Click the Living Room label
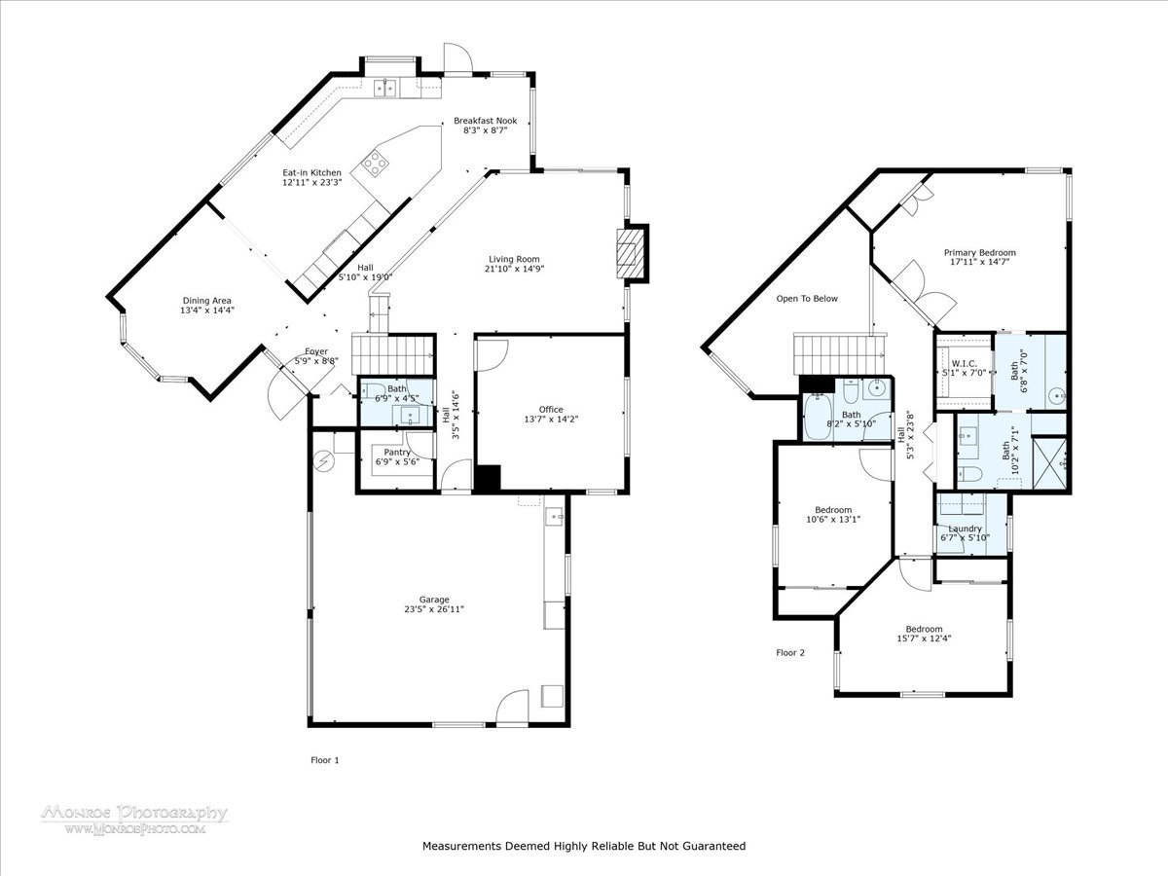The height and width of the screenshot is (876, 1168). tap(514, 259)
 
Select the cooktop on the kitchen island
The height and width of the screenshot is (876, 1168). tap(375, 163)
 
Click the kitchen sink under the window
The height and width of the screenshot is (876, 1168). tap(385, 89)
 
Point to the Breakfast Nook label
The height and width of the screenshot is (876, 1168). tap(486, 121)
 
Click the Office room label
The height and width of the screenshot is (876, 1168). tap(551, 409)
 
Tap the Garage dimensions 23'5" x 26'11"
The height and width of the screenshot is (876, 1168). tap(434, 609)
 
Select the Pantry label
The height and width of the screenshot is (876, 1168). tap(397, 452)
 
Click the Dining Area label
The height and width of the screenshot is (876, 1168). tap(207, 301)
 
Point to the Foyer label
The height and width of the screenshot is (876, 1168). tap(316, 351)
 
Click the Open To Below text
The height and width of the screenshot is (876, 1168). tap(807, 299)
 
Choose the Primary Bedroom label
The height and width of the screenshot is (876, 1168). tap(979, 253)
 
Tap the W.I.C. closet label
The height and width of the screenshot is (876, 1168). tap(965, 364)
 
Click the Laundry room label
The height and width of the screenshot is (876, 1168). tap(965, 529)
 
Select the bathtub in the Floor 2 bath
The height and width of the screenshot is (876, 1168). tap(818, 417)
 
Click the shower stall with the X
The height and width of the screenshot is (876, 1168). tap(1049, 463)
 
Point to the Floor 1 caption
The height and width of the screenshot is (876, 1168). tap(324, 760)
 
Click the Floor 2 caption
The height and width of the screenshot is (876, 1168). tap(790, 652)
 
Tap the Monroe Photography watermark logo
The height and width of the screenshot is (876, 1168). tap(135, 820)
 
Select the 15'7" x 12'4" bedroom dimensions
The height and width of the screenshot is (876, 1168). tap(924, 639)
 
